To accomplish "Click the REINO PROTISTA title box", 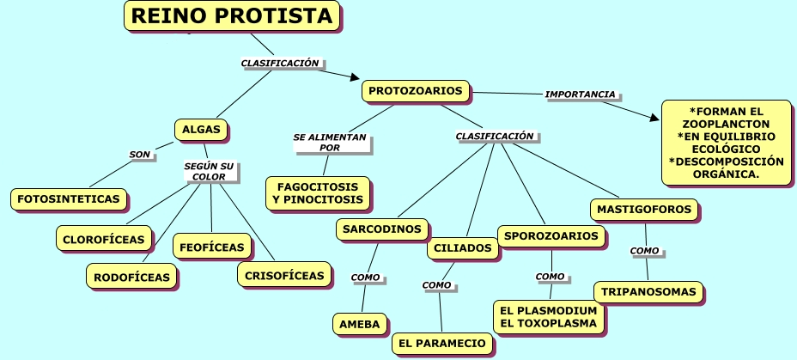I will coord(232,16).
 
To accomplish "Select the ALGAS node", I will coord(201,130).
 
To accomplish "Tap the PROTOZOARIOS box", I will coord(416,90).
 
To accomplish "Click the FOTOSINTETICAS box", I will coord(68,199).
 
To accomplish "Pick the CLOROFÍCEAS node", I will coord(104,239).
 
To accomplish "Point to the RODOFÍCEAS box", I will coord(131,276).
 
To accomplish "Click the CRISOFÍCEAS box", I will coord(283,275).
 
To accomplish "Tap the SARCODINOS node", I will coord(381,229).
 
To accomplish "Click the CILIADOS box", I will coord(462,248).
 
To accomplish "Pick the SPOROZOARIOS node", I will coord(551,235).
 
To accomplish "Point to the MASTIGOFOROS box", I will coord(644,209).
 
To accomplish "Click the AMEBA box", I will coord(360,323).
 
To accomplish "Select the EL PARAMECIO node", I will coord(443,344).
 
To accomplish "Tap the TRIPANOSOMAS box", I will coord(648,292).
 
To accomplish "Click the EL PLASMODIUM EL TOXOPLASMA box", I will coord(548,316).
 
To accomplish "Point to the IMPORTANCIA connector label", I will coord(580,94).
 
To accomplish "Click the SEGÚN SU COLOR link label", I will coord(209,171).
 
